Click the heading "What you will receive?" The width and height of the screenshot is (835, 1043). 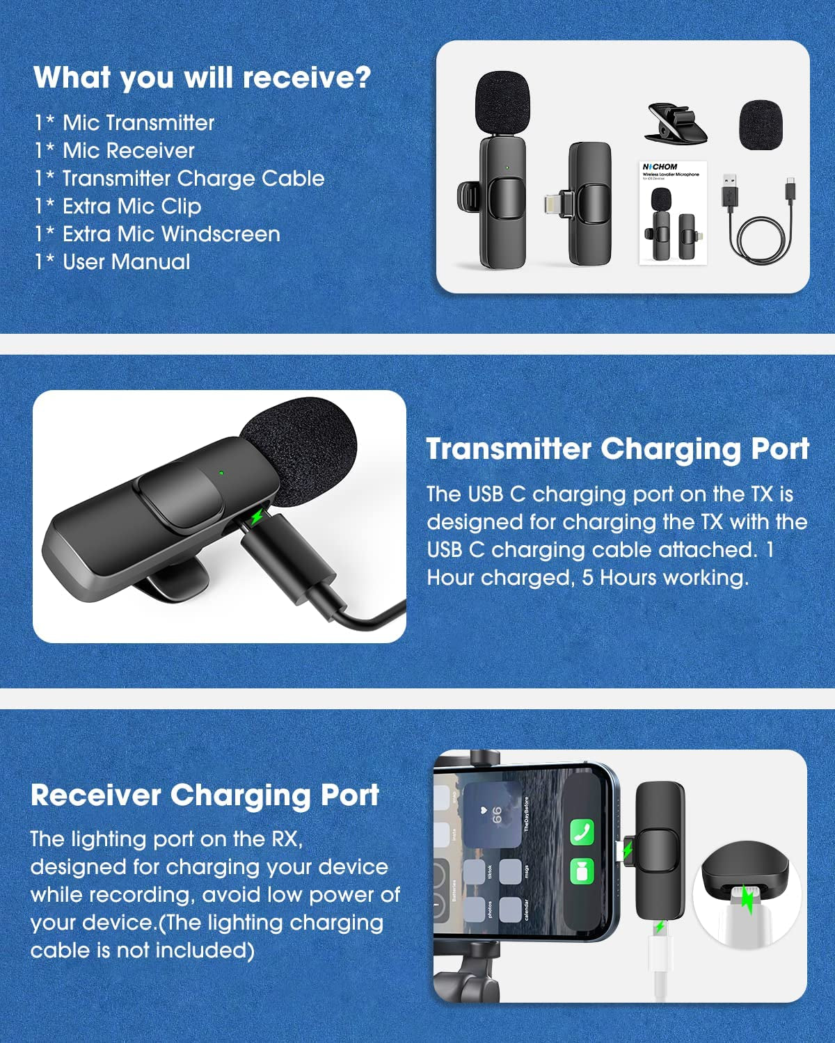pyautogui.click(x=202, y=77)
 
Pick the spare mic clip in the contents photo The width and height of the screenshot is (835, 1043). pyautogui.click(x=676, y=124)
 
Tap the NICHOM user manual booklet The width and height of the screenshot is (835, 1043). pyautogui.click(x=673, y=213)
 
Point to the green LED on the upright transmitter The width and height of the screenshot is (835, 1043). pyautogui.click(x=507, y=168)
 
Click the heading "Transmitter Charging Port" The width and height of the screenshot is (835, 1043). pyautogui.click(x=617, y=449)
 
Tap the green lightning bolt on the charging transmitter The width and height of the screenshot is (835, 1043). pyautogui.click(x=257, y=517)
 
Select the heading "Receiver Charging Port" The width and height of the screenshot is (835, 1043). pyautogui.click(x=205, y=795)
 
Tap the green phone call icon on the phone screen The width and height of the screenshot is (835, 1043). pyautogui.click(x=582, y=832)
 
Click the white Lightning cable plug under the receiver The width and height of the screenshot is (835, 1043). pyautogui.click(x=660, y=953)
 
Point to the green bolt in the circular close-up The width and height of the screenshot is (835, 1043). pyautogui.click(x=747, y=900)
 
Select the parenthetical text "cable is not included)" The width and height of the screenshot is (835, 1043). pyautogui.click(x=142, y=951)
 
